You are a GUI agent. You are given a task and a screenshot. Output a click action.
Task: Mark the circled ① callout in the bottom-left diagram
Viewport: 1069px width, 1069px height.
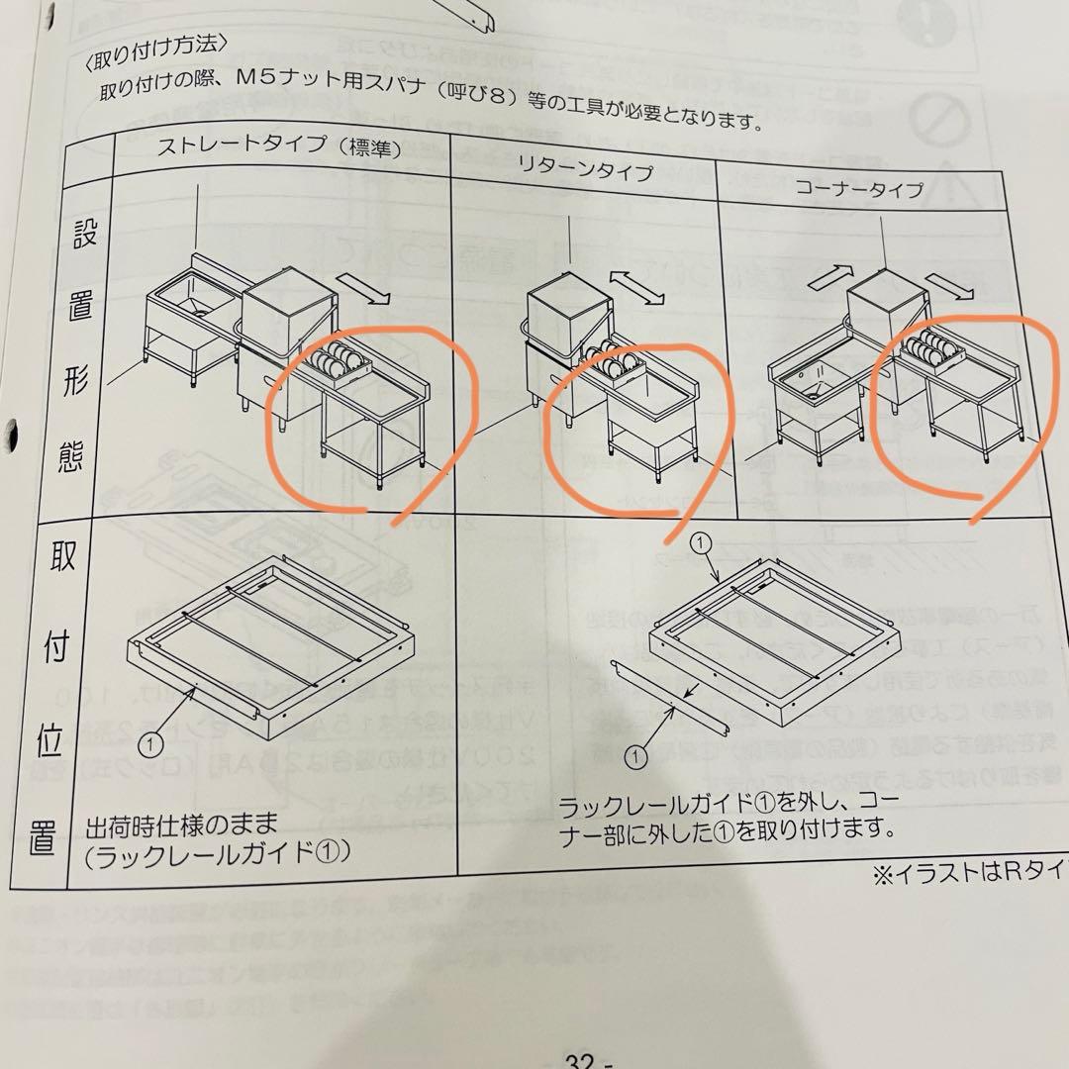150,739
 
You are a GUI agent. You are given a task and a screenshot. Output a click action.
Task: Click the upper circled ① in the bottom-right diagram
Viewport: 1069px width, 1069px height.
700,543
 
